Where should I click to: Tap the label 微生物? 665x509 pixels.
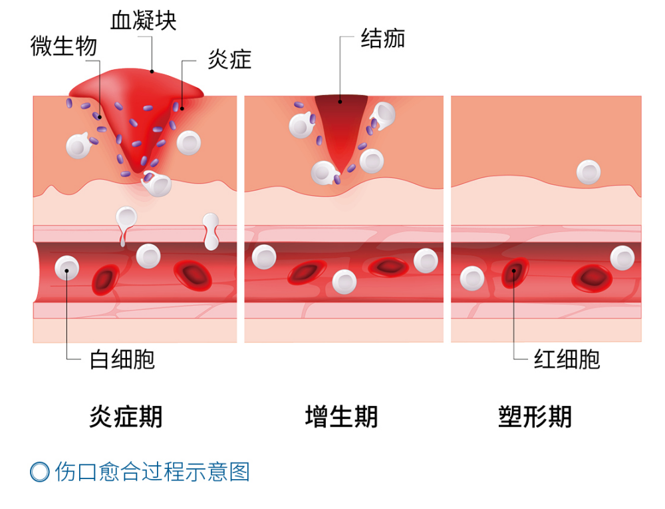coord(64,46)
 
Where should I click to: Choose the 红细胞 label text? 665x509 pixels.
coord(567,359)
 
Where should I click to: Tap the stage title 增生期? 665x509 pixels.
coord(341,417)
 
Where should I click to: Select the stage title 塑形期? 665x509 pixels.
coord(535,417)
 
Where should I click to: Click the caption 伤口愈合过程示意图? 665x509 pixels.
coord(152,472)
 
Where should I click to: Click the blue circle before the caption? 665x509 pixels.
coord(40,472)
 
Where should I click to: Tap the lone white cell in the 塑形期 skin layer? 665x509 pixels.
coord(588,172)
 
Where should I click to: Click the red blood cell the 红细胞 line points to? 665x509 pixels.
coord(515,271)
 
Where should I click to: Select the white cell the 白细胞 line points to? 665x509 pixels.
coord(67,267)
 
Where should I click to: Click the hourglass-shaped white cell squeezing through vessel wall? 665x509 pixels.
coord(210,230)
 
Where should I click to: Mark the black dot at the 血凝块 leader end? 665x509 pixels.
coord(152,71)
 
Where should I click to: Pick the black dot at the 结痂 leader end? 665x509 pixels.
coord(340,102)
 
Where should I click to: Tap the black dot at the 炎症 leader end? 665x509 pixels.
coord(182,105)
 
